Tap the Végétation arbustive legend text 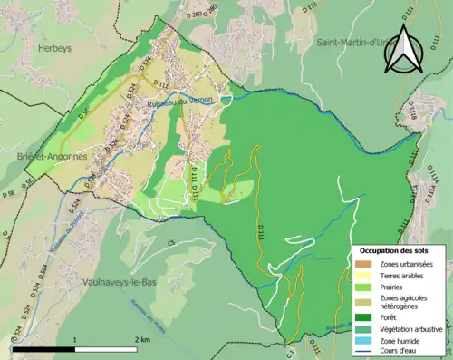[x=414, y=328]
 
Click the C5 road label [x=169, y=243]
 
